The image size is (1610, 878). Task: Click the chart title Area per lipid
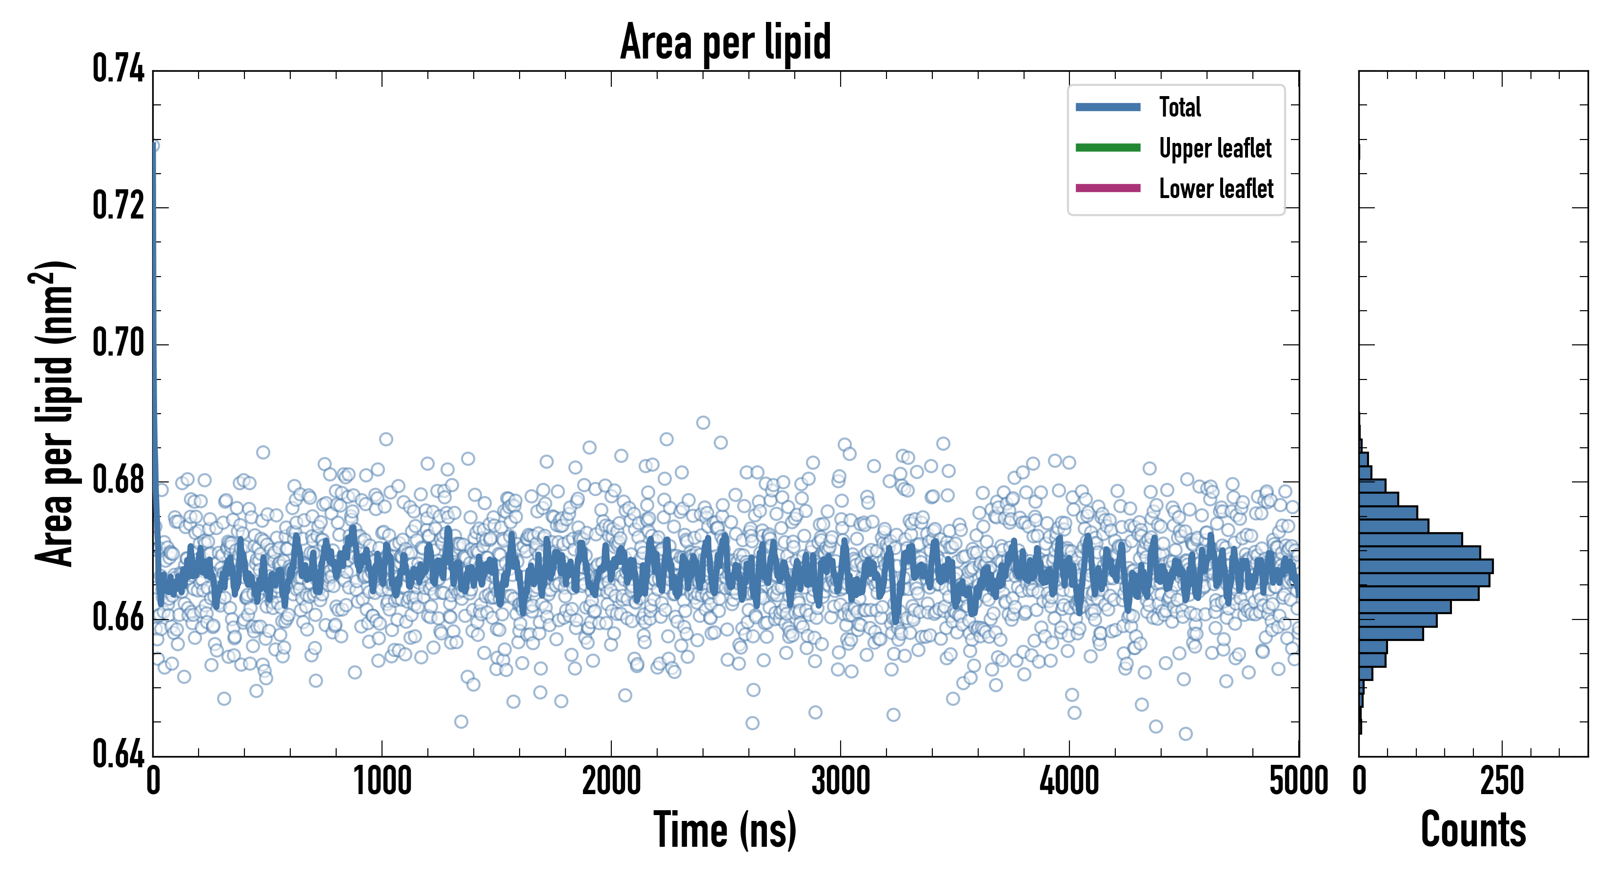click(725, 42)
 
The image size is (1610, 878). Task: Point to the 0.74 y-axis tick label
click(118, 69)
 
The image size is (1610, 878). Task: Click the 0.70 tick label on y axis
click(118, 342)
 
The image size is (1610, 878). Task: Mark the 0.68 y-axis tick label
click(118, 480)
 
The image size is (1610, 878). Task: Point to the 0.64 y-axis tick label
click(118, 754)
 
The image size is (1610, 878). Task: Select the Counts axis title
click(1473, 829)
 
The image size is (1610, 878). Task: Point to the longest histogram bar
click(1426, 566)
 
